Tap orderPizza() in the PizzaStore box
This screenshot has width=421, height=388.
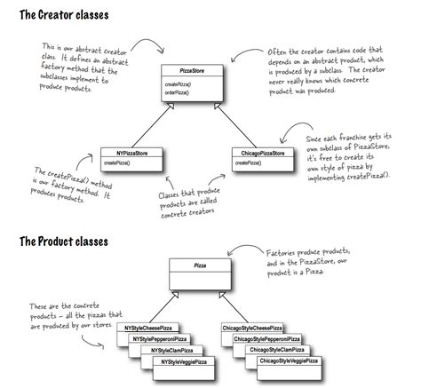point(179,92)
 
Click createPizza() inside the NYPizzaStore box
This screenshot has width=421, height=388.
point(116,163)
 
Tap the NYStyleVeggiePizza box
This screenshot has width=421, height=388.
point(182,361)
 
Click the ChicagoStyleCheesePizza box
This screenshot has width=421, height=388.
point(263,329)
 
